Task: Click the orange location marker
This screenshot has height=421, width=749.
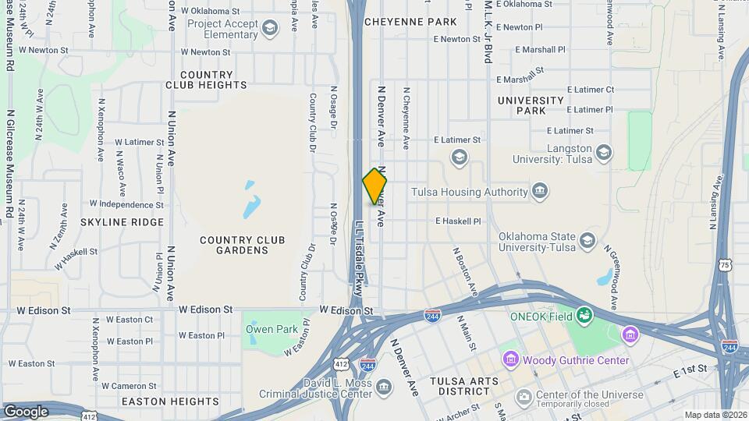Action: (374, 186)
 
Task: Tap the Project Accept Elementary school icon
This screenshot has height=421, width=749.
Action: (270, 30)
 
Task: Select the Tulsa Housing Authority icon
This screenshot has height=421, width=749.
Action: (540, 192)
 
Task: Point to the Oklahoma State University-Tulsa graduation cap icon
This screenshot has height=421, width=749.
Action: (587, 240)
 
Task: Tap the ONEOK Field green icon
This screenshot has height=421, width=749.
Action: (584, 315)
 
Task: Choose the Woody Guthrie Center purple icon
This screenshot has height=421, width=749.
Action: (511, 359)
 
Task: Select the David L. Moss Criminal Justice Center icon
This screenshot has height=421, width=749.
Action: (384, 387)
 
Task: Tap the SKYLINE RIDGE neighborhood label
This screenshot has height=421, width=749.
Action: (122, 222)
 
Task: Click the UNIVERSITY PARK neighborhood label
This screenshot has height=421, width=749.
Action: (531, 105)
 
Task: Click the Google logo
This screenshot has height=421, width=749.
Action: (27, 411)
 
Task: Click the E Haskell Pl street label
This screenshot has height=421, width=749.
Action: (458, 221)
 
